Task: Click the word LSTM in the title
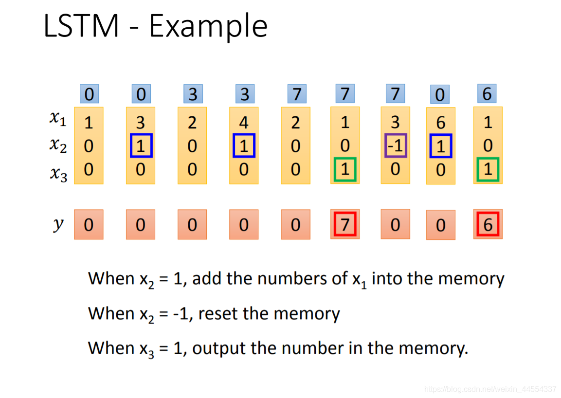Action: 81,26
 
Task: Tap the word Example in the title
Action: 208,27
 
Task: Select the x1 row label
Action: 58,119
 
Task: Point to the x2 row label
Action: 58,145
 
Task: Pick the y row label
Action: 58,224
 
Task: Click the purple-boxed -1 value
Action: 395,145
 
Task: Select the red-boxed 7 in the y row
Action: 345,224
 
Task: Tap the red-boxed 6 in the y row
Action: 488,224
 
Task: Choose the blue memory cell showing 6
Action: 487,93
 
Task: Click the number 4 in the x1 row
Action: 244,123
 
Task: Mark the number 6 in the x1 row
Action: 440,123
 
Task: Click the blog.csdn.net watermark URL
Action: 490,389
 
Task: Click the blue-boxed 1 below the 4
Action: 244,146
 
